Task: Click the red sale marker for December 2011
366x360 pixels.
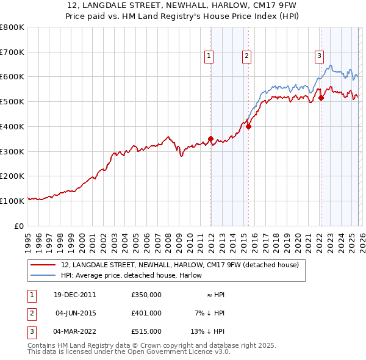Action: point(210,139)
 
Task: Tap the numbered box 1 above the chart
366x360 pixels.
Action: point(209,56)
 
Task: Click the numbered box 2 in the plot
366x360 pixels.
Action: point(246,56)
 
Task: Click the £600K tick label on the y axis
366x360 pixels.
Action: point(12,77)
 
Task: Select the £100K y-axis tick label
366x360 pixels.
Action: point(12,201)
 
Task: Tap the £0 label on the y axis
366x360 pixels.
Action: point(20,226)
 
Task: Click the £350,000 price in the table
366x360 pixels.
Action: point(146,295)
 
